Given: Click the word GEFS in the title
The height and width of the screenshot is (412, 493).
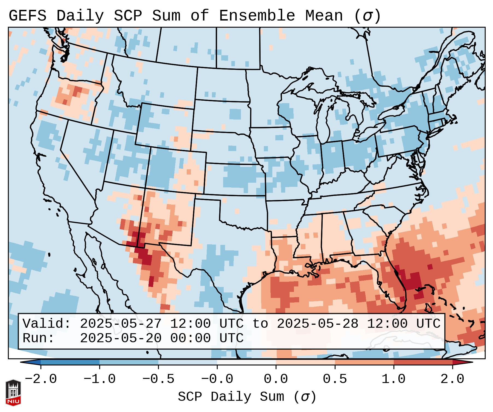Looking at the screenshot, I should [x=28, y=16].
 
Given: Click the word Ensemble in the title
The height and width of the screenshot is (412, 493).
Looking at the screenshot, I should [x=257, y=16].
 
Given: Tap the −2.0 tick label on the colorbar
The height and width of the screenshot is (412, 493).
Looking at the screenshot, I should [x=41, y=379].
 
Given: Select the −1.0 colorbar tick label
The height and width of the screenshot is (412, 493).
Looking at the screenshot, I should [x=100, y=379].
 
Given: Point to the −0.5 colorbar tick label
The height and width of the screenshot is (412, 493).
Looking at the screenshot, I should [x=158, y=379].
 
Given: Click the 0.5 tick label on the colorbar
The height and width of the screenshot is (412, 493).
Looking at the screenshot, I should [x=335, y=379].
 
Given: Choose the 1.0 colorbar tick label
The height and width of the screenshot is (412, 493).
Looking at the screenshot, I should [x=393, y=379].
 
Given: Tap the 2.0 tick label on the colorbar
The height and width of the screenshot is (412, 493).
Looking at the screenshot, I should [x=452, y=379].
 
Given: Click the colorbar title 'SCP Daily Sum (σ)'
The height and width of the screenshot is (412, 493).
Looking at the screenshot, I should [x=247, y=397].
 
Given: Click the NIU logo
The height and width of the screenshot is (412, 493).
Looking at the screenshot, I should [x=13, y=393].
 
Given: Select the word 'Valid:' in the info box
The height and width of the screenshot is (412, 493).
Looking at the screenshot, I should [x=47, y=324].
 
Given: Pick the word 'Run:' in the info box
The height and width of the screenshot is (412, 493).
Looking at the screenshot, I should [x=39, y=338].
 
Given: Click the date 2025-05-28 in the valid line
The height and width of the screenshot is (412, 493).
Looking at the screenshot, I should [x=318, y=324].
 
